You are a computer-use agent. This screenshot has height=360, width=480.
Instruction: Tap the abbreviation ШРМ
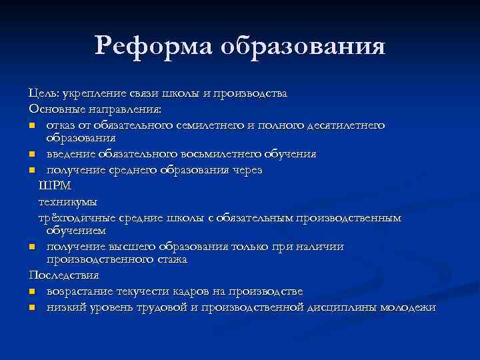pyautogui.click(x=54, y=185)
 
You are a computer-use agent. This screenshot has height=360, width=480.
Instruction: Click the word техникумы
pyautogui.click(x=67, y=201)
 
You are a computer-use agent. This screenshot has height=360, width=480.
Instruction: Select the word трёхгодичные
pyautogui.click(x=77, y=217)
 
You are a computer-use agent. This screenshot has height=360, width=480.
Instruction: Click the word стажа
pyautogui.click(x=171, y=259)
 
